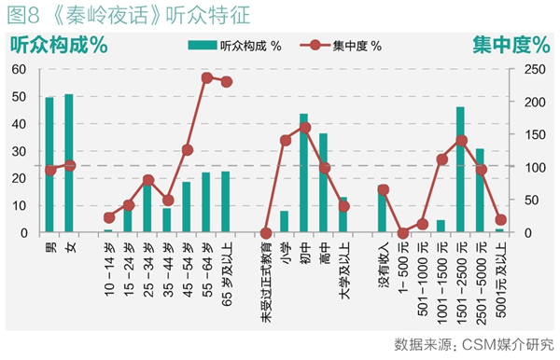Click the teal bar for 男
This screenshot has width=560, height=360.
(49, 164)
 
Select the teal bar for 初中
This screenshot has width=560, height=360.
(303, 173)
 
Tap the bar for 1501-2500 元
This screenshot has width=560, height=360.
(460, 170)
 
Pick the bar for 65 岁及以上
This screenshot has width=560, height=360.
(225, 201)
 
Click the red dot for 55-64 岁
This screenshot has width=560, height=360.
(207, 77)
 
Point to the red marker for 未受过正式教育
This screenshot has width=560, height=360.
(266, 233)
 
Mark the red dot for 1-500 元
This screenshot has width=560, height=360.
(403, 233)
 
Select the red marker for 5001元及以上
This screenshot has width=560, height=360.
(501, 220)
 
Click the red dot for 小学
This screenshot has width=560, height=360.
(286, 141)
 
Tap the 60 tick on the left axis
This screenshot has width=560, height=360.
(19, 69)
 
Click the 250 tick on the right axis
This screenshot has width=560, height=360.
(535, 69)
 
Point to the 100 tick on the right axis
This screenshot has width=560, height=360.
(535, 167)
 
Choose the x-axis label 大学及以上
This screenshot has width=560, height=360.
(343, 270)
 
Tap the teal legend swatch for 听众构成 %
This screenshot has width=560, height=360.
(203, 46)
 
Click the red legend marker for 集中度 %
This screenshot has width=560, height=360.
(315, 45)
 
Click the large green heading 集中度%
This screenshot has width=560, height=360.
(511, 45)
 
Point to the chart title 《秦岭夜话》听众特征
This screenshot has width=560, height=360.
(150, 15)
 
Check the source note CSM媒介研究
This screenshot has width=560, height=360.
(508, 345)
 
